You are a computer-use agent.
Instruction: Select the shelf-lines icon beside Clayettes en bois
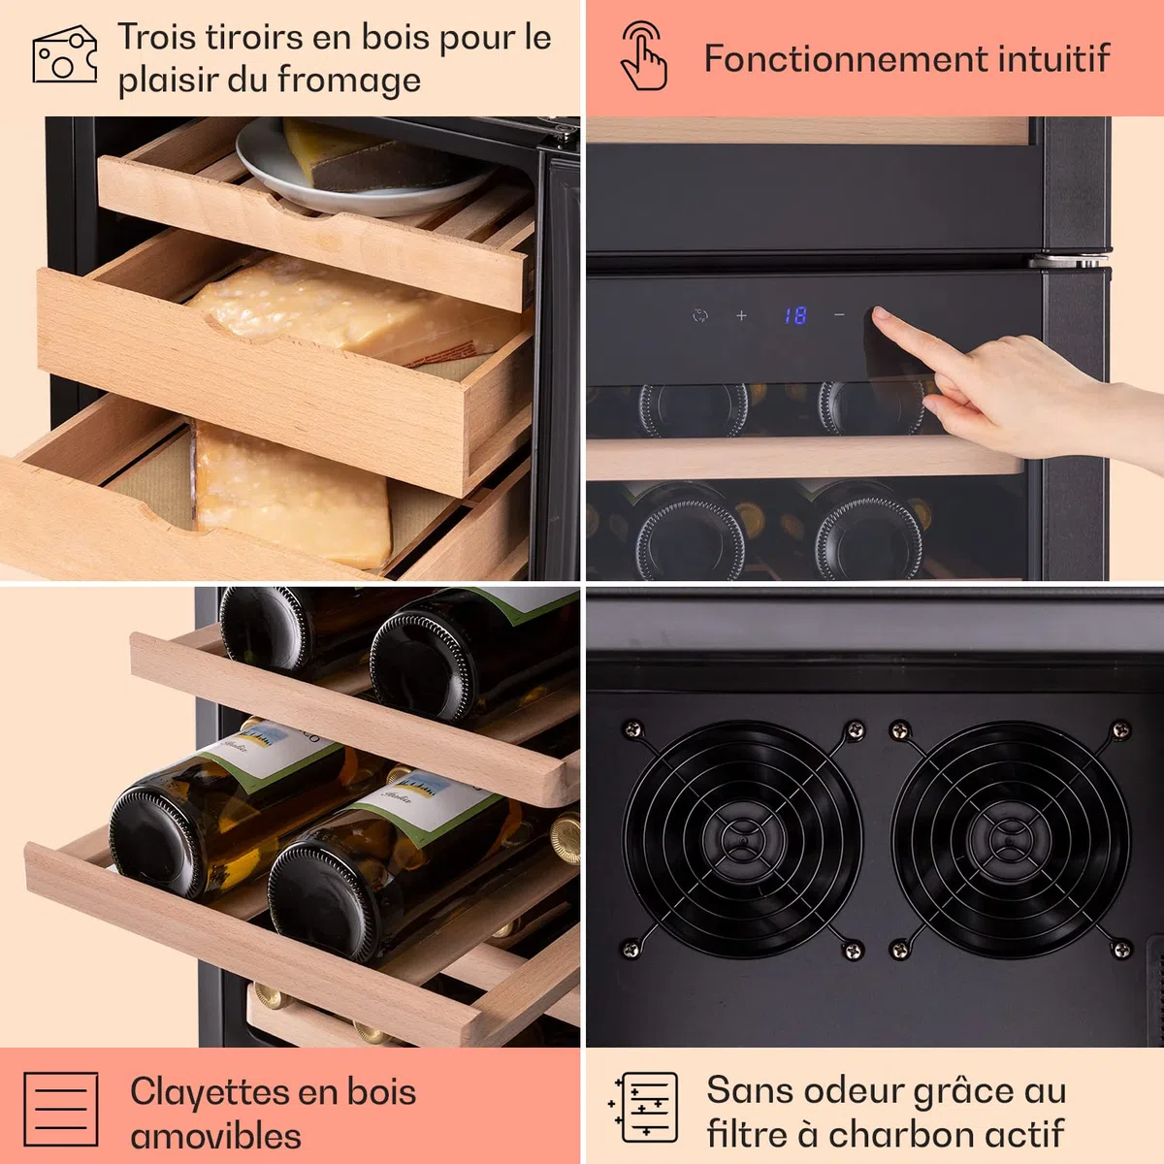61,1109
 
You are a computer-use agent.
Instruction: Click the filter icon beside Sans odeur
644,1107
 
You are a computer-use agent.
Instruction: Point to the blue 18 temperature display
795,315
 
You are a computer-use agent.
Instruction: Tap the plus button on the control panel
741,315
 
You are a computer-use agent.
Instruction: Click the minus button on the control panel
839,314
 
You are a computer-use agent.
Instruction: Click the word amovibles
215,1119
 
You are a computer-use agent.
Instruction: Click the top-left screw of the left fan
632,729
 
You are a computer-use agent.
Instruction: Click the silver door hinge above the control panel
1069,261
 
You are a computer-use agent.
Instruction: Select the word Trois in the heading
158,38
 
